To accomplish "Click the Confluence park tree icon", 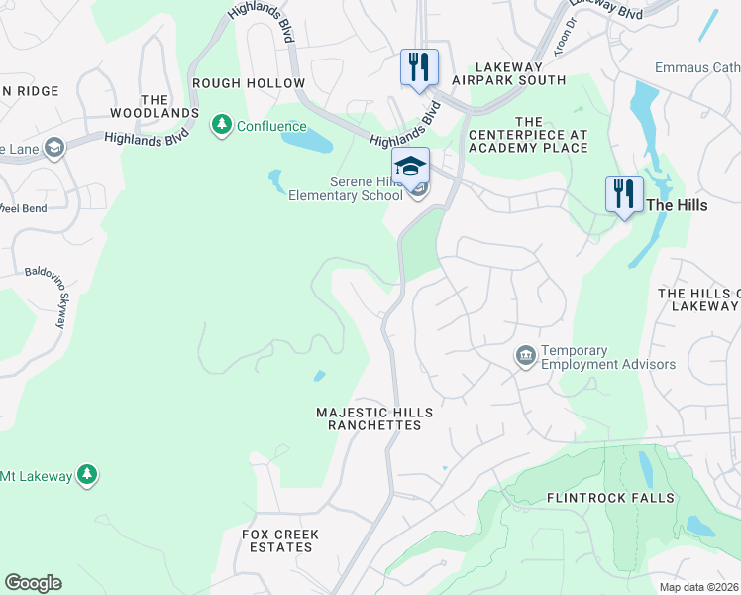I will click(x=221, y=125).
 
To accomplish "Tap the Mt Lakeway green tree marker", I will click(x=88, y=475).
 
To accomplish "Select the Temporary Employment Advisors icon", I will click(x=525, y=354).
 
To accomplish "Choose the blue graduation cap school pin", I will click(x=410, y=165).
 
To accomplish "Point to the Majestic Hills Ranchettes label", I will click(x=374, y=417).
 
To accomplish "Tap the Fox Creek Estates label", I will click(x=280, y=540).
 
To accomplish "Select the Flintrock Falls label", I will click(x=609, y=497).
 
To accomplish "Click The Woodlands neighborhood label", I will click(x=155, y=107).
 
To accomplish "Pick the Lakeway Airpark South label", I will click(x=506, y=72).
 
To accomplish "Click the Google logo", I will click(x=33, y=583).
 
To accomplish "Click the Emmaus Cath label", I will click(x=696, y=68).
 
